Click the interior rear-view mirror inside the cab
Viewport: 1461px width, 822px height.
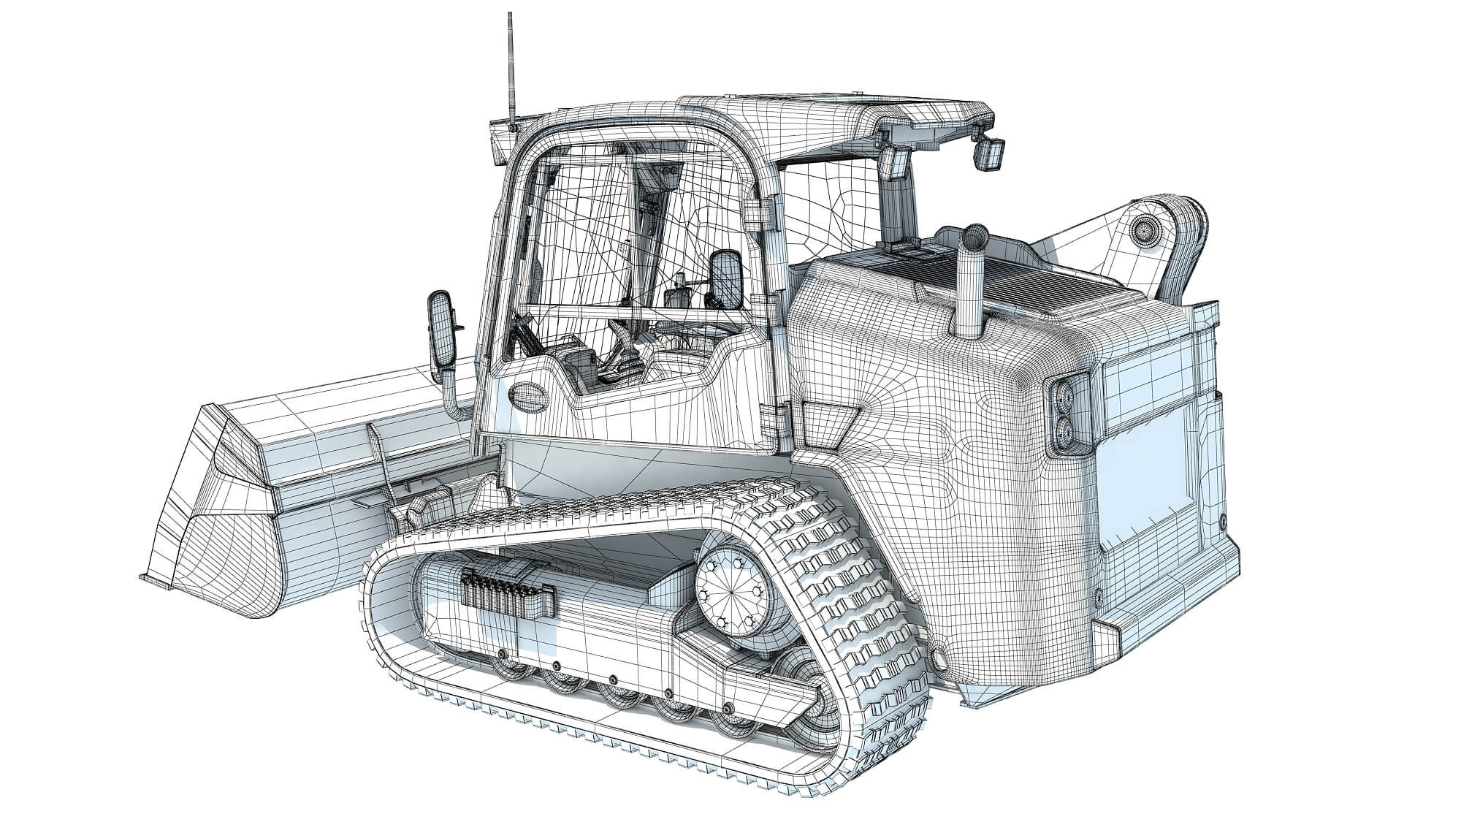(727, 278)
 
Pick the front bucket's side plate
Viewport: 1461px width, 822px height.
(212, 511)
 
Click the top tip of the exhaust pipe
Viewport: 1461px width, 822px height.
(975, 235)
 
